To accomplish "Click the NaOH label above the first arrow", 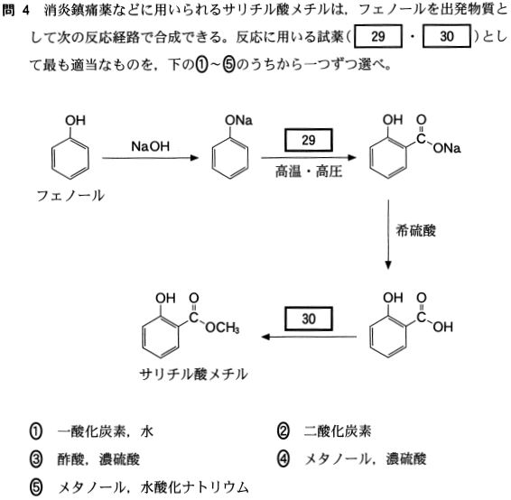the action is (x=150, y=146).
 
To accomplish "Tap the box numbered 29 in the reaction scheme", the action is (x=309, y=140).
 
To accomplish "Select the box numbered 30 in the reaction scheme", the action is (x=309, y=319).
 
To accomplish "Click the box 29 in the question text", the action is (x=378, y=36).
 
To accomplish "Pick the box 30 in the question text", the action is (x=447, y=36).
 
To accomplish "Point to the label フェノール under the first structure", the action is (x=70, y=196).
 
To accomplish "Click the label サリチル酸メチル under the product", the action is (x=193, y=374).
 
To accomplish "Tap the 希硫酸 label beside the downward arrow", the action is (x=415, y=231).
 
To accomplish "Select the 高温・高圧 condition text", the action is (x=309, y=171).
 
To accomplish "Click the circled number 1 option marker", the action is (x=36, y=431).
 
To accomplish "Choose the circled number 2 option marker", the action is (x=283, y=431).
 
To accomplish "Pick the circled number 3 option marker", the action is (x=36, y=459).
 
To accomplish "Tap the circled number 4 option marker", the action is (x=283, y=459).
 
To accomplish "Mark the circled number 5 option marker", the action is (x=36, y=487).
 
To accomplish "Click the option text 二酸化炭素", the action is (x=338, y=431).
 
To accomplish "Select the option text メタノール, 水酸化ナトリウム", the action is (x=153, y=487).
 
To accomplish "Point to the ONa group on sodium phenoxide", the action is (x=238, y=121).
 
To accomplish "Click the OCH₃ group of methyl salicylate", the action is (x=222, y=328).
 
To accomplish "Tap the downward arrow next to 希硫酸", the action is (x=388, y=235).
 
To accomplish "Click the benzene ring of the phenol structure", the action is (x=70, y=158).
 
